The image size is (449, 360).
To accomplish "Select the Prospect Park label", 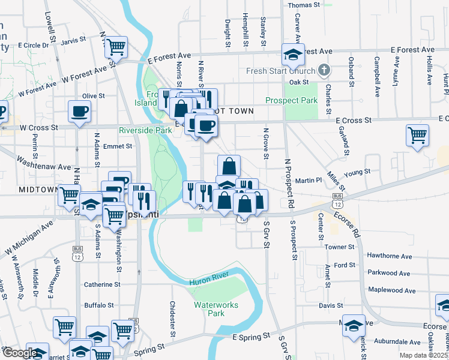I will pos(292,100).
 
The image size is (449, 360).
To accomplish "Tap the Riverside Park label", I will pos(145,130).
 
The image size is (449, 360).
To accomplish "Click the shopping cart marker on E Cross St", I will pos(417,135).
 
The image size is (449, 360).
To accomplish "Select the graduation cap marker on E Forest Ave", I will pos(293,55).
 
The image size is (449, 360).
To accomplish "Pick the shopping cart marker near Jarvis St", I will pos(116,46).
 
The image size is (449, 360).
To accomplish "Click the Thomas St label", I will pos(304,5).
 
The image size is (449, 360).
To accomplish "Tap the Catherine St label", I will pos(103,284).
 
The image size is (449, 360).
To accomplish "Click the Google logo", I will pos(19,353).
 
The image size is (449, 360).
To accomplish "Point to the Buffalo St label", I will pos(99,305).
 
